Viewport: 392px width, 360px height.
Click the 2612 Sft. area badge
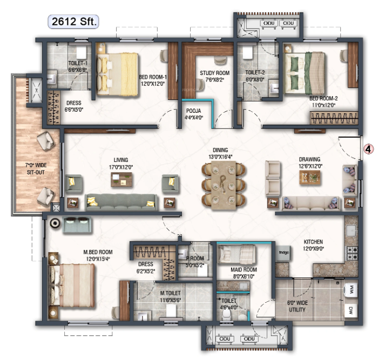pyautogui.click(x=73, y=22)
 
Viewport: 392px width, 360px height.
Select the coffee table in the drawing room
pyautogui.click(x=310, y=178)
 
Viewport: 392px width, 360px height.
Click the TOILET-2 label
pyautogui.click(x=256, y=74)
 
